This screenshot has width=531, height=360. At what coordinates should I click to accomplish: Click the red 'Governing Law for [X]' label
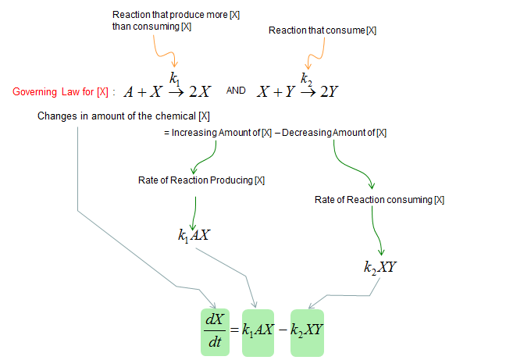(60, 92)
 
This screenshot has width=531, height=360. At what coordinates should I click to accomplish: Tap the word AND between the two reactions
(236, 91)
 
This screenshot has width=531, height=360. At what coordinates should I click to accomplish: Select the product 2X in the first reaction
(200, 91)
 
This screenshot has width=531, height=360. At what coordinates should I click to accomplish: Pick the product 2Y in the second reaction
(330, 91)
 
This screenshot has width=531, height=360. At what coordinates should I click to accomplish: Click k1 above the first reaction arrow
(175, 79)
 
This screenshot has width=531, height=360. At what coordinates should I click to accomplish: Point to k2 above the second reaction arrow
(306, 79)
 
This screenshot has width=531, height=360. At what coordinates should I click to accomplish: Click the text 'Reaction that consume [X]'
(323, 30)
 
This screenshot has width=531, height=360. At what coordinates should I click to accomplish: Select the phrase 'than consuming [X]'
(151, 27)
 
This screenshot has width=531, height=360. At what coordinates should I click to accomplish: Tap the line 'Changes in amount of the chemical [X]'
(123, 116)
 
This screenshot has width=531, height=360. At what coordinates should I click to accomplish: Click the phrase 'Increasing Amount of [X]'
(222, 133)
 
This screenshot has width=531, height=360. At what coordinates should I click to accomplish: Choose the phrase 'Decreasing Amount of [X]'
(334, 133)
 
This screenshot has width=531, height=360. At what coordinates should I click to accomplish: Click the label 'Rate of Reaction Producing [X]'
(201, 180)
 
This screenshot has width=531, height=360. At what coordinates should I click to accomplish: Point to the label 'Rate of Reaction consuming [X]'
(380, 200)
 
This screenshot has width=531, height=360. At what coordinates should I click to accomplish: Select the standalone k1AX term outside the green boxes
(194, 235)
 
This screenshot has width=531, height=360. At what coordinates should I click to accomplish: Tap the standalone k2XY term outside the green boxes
(380, 267)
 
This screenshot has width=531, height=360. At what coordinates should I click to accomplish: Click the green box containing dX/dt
(215, 332)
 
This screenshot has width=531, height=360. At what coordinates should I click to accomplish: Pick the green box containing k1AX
(258, 333)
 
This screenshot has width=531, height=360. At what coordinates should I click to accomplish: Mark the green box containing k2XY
(307, 333)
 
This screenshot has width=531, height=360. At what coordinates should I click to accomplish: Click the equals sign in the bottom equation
(235, 330)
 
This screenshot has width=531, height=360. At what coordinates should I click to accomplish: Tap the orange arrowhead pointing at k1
(174, 64)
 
